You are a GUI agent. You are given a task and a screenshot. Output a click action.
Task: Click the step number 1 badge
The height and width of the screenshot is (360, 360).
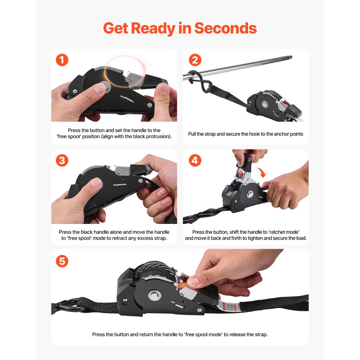click(62, 60)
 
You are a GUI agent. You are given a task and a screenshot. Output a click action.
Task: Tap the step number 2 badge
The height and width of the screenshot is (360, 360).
click(195, 60)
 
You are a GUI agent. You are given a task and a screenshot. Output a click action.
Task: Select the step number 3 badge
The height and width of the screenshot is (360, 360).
click(62, 160)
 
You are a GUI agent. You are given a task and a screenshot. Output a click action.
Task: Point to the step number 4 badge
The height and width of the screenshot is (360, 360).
click(195, 160)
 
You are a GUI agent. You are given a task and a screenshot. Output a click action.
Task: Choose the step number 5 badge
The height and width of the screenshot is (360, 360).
click(62, 261)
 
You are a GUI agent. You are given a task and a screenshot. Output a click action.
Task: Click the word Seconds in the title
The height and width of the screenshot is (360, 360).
click(225, 28)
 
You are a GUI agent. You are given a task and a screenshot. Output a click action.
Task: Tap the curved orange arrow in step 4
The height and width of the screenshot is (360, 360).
click(262, 172)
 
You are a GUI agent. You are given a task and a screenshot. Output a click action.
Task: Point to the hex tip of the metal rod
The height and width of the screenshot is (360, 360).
click(291, 57)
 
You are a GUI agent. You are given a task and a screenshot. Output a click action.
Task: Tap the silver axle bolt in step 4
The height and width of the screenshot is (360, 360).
click(249, 196)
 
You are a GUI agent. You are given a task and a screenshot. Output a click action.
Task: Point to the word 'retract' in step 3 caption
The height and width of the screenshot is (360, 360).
click(131, 238)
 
